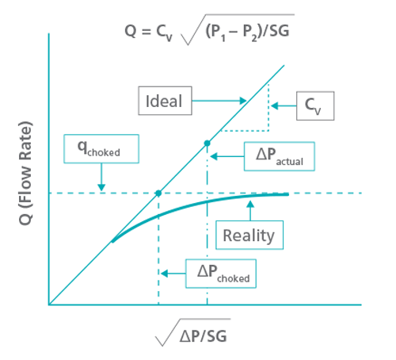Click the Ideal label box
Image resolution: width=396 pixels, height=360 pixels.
click(165, 101)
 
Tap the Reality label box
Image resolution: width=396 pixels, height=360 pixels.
click(249, 235)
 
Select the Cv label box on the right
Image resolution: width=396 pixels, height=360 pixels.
click(315, 106)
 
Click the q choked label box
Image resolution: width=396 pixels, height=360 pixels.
click(101, 149)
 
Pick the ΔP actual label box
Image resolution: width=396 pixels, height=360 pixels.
click(280, 156)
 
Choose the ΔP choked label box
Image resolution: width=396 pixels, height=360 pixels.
click(221, 274)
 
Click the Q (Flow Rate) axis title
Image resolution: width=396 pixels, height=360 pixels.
click(26, 173)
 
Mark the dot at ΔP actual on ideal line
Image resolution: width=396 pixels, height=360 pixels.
click(208, 144)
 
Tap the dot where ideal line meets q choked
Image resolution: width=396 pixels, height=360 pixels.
click(158, 193)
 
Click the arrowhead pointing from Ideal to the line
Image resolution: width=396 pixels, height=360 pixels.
click(243, 101)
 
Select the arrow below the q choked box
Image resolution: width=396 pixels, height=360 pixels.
click(101, 177)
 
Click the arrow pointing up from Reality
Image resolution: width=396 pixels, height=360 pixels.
click(250, 211)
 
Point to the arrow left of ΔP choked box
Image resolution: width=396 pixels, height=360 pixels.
click(173, 274)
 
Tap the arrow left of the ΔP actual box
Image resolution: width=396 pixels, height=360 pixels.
click(227, 156)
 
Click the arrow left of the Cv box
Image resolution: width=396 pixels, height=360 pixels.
click(284, 106)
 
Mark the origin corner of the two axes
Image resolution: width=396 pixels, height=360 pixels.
click(49, 304)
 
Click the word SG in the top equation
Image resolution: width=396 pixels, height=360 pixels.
click(280, 31)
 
